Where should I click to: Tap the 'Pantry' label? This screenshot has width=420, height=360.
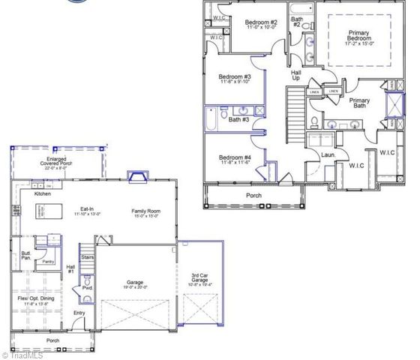click(48, 262)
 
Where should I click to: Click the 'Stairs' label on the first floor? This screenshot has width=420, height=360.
click(87, 257)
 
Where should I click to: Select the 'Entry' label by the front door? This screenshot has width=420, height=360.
click(79, 313)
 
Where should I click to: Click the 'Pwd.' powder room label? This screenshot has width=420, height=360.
click(87, 287)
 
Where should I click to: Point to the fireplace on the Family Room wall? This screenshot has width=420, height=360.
click(137, 177)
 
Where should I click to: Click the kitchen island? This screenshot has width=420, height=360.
click(42, 215)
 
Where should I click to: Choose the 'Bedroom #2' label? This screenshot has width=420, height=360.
click(262, 25)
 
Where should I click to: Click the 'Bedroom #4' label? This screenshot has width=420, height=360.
click(234, 159)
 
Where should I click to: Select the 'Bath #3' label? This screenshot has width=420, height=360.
click(239, 119)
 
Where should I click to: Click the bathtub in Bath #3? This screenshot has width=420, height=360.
click(212, 118)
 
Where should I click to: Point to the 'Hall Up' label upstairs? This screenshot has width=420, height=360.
click(295, 76)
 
